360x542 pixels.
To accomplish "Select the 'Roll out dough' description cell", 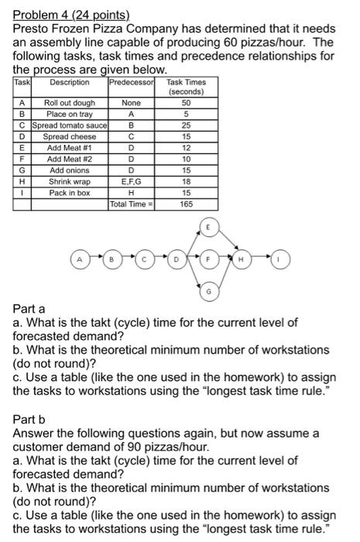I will coord(69,102).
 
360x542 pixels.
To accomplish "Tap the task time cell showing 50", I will coord(185,102).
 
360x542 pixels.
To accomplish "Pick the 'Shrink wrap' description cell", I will coord(69,181).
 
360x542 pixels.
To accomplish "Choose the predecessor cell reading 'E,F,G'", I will coord(132,181).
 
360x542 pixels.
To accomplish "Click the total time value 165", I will coord(185,204).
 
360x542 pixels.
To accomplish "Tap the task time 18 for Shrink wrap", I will coord(185,181).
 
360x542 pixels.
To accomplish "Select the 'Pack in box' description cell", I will coord(69,192).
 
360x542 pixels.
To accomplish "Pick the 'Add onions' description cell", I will coord(69,170).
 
